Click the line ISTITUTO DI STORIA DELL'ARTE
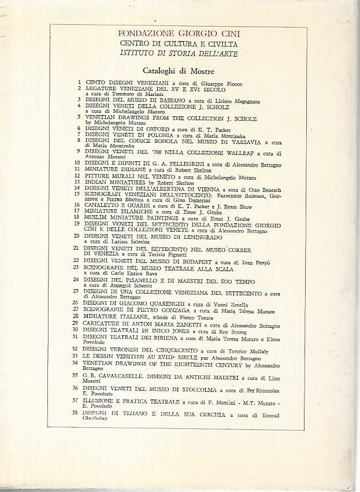click(x=180, y=54)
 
